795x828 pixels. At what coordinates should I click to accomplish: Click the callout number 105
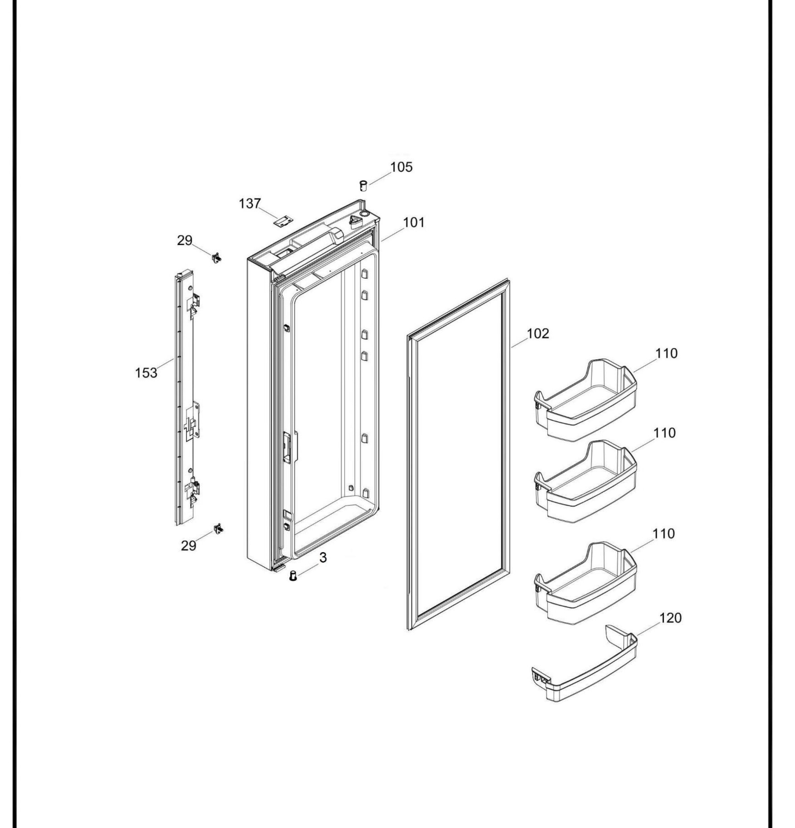[x=401, y=167]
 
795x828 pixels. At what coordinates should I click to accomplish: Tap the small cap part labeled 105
[x=363, y=185]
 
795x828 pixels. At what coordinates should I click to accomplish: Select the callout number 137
[x=250, y=204]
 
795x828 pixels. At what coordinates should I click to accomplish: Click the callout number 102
[x=538, y=334]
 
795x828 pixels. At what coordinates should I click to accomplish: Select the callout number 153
[x=146, y=373]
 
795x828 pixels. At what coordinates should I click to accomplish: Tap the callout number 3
[x=323, y=558]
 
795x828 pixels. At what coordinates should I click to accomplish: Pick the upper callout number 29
[x=184, y=240]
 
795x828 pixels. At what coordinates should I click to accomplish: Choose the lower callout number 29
[x=189, y=546]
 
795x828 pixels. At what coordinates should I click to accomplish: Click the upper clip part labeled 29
[x=217, y=257]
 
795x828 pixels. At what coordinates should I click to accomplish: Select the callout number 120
[x=670, y=618]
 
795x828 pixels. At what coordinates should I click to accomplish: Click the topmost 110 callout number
[x=666, y=353]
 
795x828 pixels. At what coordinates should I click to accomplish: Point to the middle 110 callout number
[x=665, y=433]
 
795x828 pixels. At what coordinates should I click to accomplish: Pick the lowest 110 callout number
[x=664, y=534]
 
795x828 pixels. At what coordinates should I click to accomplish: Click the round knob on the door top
[x=364, y=215]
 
